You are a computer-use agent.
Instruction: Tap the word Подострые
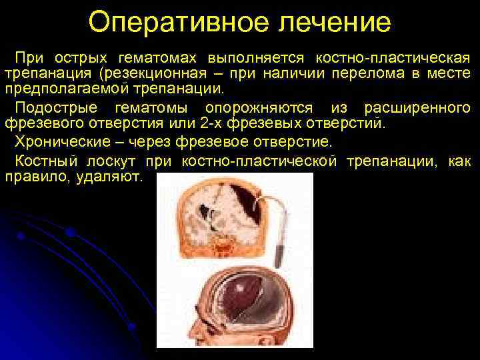pos(57,108)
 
